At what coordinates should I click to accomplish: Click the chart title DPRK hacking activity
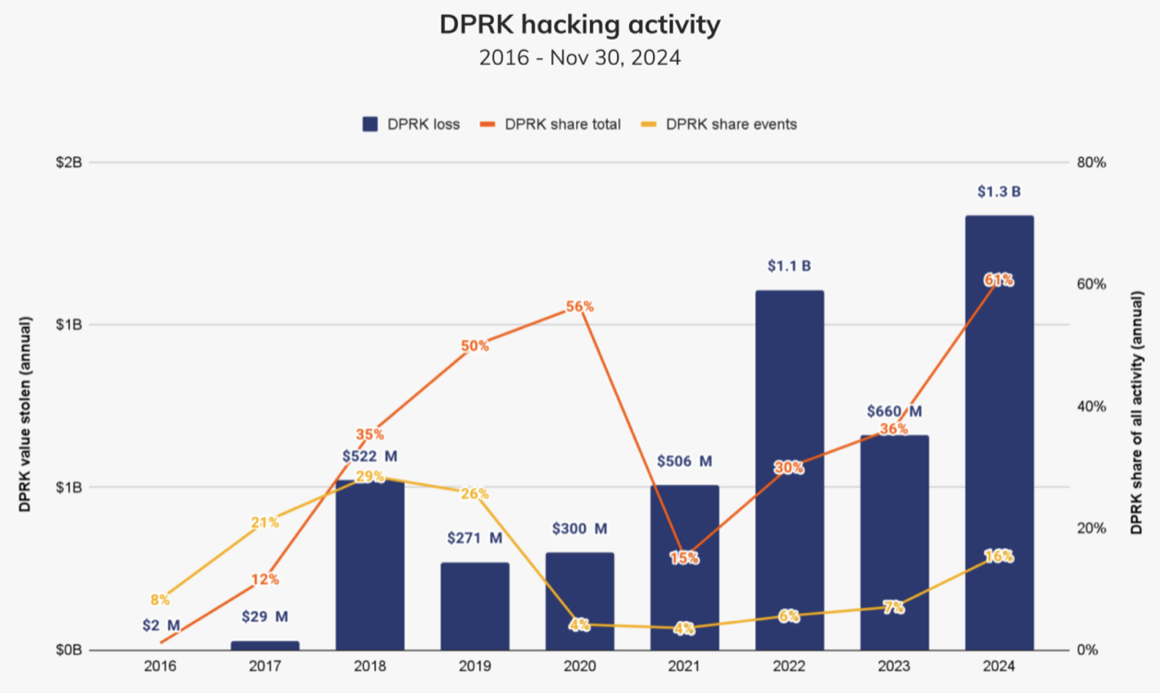pyautogui.click(x=579, y=25)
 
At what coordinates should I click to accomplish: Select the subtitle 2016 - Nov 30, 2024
pyautogui.click(x=579, y=57)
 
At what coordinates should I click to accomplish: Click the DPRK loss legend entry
pyautogui.click(x=411, y=124)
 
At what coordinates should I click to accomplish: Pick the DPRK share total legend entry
pyautogui.click(x=552, y=124)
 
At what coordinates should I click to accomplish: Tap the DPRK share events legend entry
pyautogui.click(x=720, y=124)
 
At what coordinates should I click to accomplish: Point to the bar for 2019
pyautogui.click(x=475, y=605)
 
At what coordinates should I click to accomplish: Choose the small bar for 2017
pyautogui.click(x=265, y=645)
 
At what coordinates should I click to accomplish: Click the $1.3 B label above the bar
pyautogui.click(x=999, y=192)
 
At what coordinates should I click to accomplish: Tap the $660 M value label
pyautogui.click(x=894, y=411)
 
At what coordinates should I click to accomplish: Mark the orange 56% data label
pyautogui.click(x=579, y=307)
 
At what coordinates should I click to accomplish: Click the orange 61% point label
pyautogui.click(x=999, y=280)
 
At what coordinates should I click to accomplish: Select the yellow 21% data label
pyautogui.click(x=265, y=523)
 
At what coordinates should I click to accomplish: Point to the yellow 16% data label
pyautogui.click(x=999, y=556)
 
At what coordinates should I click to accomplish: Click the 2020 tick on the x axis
pyautogui.click(x=579, y=666)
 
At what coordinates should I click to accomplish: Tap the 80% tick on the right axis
pyautogui.click(x=1092, y=163)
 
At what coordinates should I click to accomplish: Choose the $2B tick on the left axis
pyautogui.click(x=69, y=163)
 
